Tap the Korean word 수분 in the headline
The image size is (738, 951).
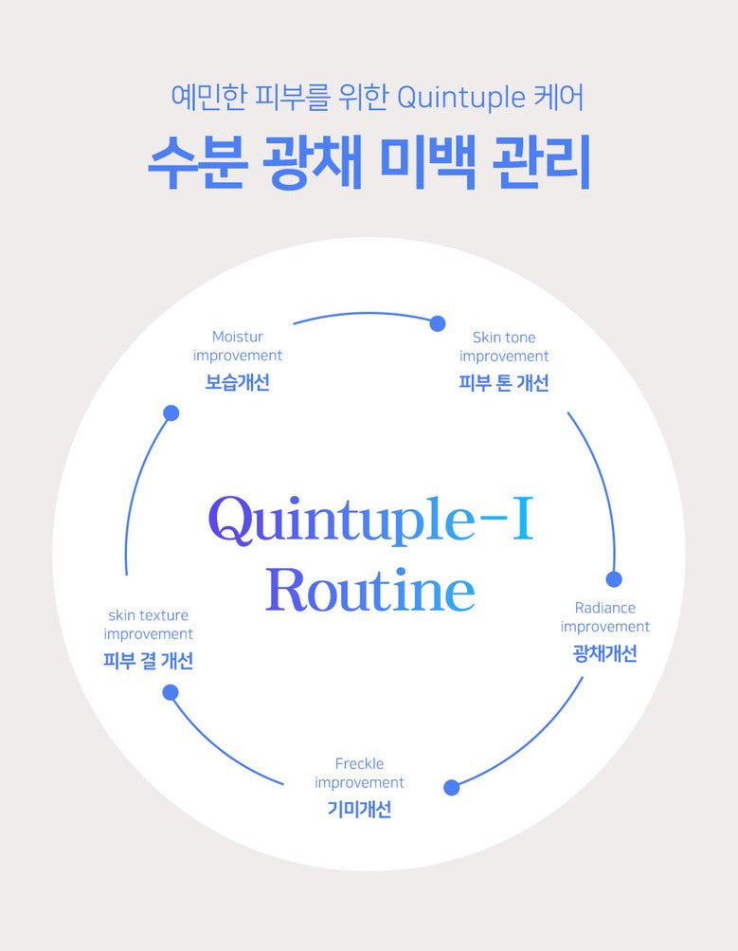tap(198, 165)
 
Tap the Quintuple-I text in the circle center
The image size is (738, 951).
tap(370, 520)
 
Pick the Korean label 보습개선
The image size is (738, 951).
tap(238, 383)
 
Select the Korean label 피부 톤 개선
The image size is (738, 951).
tap(504, 383)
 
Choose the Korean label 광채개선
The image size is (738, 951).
tap(605, 653)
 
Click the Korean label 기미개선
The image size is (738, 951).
tap(359, 810)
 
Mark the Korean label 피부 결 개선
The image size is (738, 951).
tap(148, 661)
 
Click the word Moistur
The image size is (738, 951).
tap(238, 337)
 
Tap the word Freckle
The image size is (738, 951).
tap(359, 763)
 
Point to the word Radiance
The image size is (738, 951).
tap(605, 608)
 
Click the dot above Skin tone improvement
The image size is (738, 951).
tap(438, 323)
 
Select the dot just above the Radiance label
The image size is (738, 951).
tap(614, 579)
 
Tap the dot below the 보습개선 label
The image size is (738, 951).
tap(171, 412)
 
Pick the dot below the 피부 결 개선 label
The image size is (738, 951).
tap(171, 692)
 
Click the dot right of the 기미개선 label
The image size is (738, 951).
tap(452, 787)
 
